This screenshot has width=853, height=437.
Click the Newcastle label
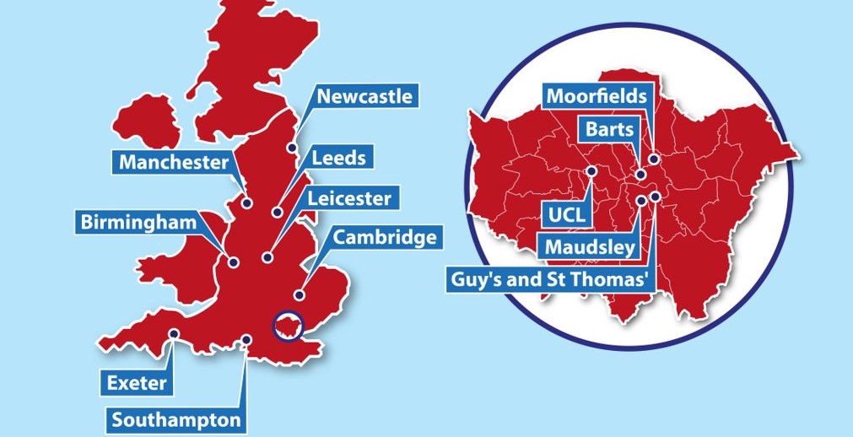[364, 96]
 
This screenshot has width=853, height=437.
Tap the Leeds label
[337, 158]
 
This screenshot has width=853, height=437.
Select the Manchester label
[173, 162]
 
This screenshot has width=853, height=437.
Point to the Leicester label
[348, 199]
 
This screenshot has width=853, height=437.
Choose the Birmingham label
[138, 223]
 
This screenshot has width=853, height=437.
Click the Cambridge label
[386, 237]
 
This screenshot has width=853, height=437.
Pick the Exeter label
[137, 384]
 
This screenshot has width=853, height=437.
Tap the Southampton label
[176, 418]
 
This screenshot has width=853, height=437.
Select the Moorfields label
[597, 96]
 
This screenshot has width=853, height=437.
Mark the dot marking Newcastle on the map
[291, 148]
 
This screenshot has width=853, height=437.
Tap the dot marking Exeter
[173, 334]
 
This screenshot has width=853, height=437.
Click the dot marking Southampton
[246, 340]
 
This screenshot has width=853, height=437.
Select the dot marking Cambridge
[299, 294]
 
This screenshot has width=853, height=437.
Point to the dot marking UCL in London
[591, 170]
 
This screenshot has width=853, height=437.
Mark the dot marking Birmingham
[232, 262]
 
